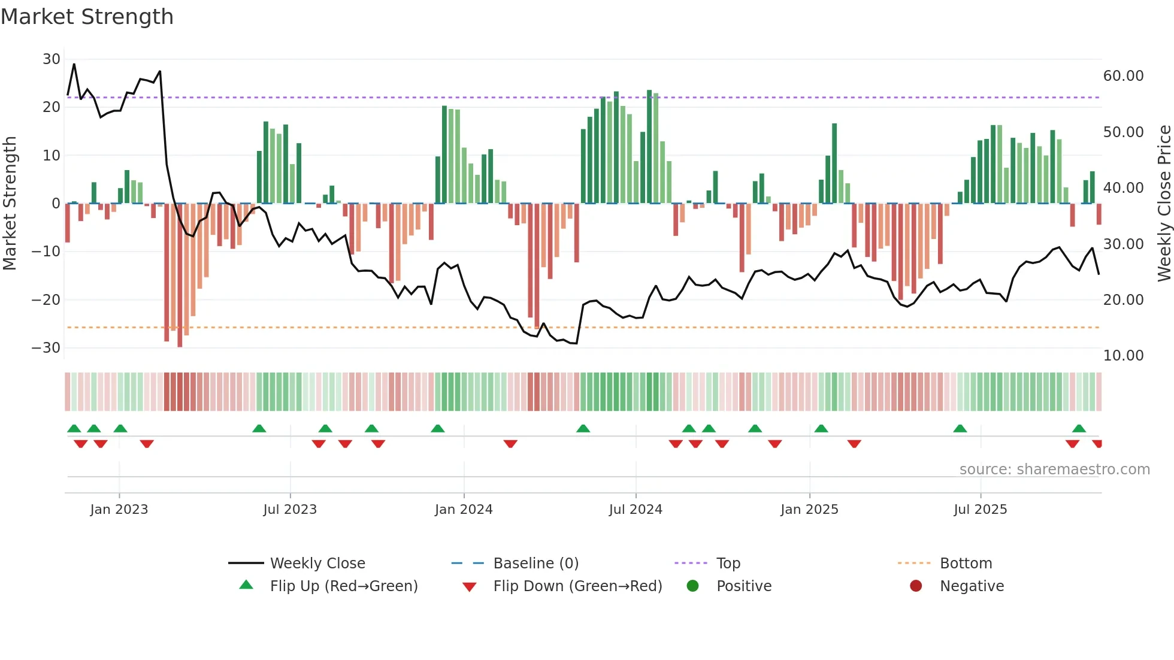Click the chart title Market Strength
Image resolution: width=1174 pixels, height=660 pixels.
(87, 17)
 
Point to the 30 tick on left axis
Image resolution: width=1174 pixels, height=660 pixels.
(52, 59)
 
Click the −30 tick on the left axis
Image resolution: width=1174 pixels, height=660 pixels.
(46, 348)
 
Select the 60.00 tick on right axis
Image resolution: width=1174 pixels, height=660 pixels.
(1123, 76)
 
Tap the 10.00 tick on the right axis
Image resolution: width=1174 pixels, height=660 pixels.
(1123, 356)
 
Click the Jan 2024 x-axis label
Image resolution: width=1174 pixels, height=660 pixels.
(463, 510)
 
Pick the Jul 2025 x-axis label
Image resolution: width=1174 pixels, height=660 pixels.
(980, 510)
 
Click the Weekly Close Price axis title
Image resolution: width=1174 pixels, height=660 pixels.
(1164, 204)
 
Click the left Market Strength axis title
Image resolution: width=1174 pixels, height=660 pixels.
(10, 204)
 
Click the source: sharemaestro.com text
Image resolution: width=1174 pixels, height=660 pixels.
(1054, 470)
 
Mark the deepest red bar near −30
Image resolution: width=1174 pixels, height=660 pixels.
(180, 275)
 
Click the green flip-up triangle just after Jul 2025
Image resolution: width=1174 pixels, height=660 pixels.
(960, 429)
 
